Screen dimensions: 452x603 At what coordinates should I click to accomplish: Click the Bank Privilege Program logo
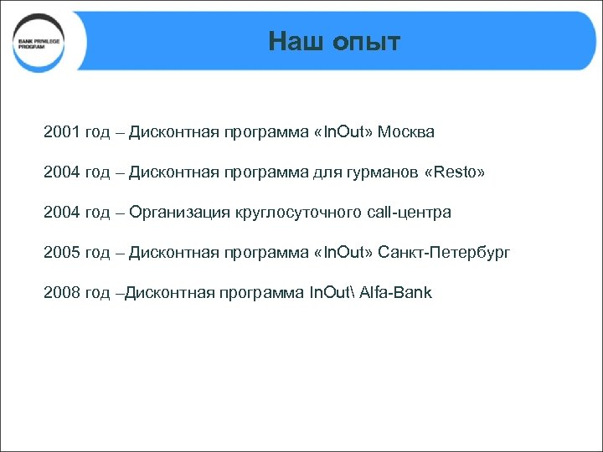(39, 43)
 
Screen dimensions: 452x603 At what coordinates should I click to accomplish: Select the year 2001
(62, 132)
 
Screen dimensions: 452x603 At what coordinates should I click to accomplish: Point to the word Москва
(406, 132)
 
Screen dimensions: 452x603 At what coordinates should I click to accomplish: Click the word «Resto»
(455, 172)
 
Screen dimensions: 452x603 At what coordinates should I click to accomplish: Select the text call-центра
(409, 213)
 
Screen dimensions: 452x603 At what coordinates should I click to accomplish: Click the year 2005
(62, 253)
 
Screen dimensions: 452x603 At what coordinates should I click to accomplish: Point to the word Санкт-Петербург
(444, 253)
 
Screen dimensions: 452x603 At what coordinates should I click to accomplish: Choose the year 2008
(62, 293)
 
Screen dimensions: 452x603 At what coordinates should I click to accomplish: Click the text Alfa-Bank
(395, 293)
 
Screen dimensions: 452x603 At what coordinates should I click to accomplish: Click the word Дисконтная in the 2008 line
(168, 293)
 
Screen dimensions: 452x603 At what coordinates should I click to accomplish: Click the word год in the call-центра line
(97, 213)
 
